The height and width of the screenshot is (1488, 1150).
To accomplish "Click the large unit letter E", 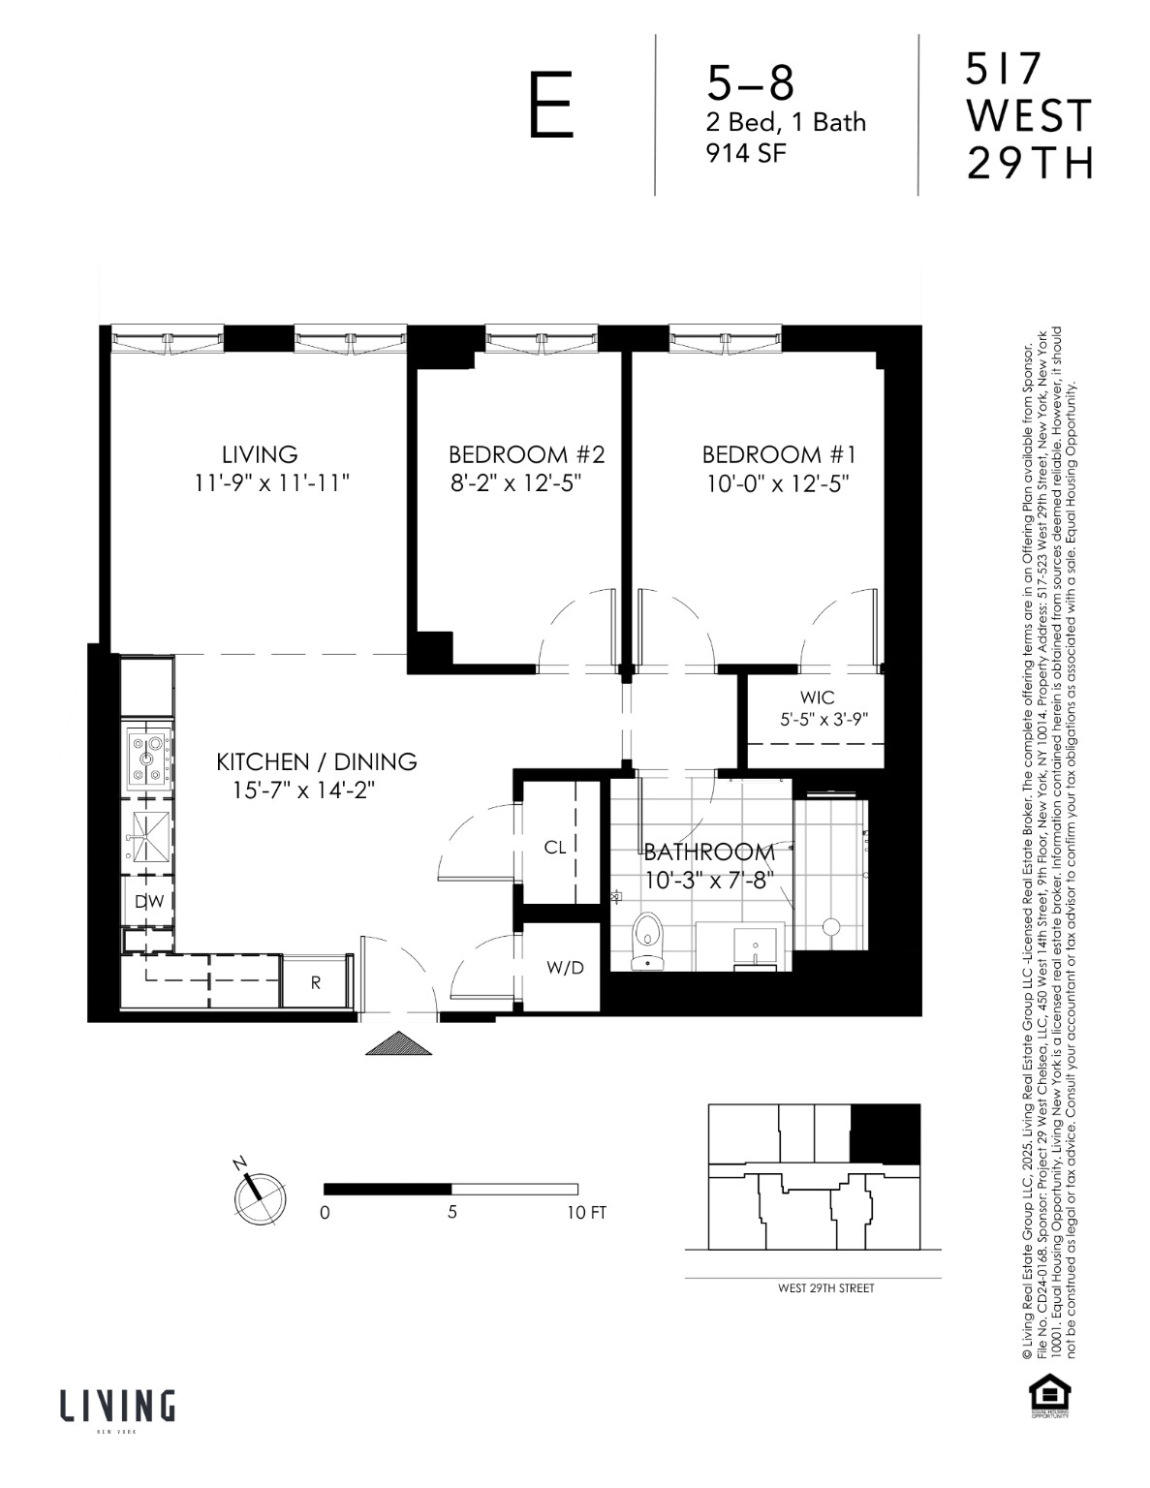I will tap(550, 108).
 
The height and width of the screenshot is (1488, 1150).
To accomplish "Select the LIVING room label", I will tap(260, 454).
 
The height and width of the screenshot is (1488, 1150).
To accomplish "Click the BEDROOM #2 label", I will tap(526, 454).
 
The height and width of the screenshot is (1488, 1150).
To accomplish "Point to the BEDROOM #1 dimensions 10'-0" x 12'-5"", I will tap(778, 483).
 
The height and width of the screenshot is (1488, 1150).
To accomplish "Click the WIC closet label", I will tap(817, 697).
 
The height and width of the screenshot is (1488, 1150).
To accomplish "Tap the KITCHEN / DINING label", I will tap(316, 762).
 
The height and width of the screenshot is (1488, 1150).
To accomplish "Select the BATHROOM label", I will tap(709, 852).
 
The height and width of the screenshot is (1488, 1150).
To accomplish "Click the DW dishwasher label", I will tap(148, 902).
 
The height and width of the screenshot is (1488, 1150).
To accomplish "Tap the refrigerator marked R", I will tap(316, 982).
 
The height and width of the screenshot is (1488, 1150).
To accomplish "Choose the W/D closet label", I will tap(565, 968).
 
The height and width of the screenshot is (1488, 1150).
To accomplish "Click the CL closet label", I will tap(554, 848).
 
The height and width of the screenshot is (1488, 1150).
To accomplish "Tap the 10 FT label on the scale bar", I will tap(587, 1213).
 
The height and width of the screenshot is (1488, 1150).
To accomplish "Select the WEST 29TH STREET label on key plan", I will tap(825, 1288).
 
